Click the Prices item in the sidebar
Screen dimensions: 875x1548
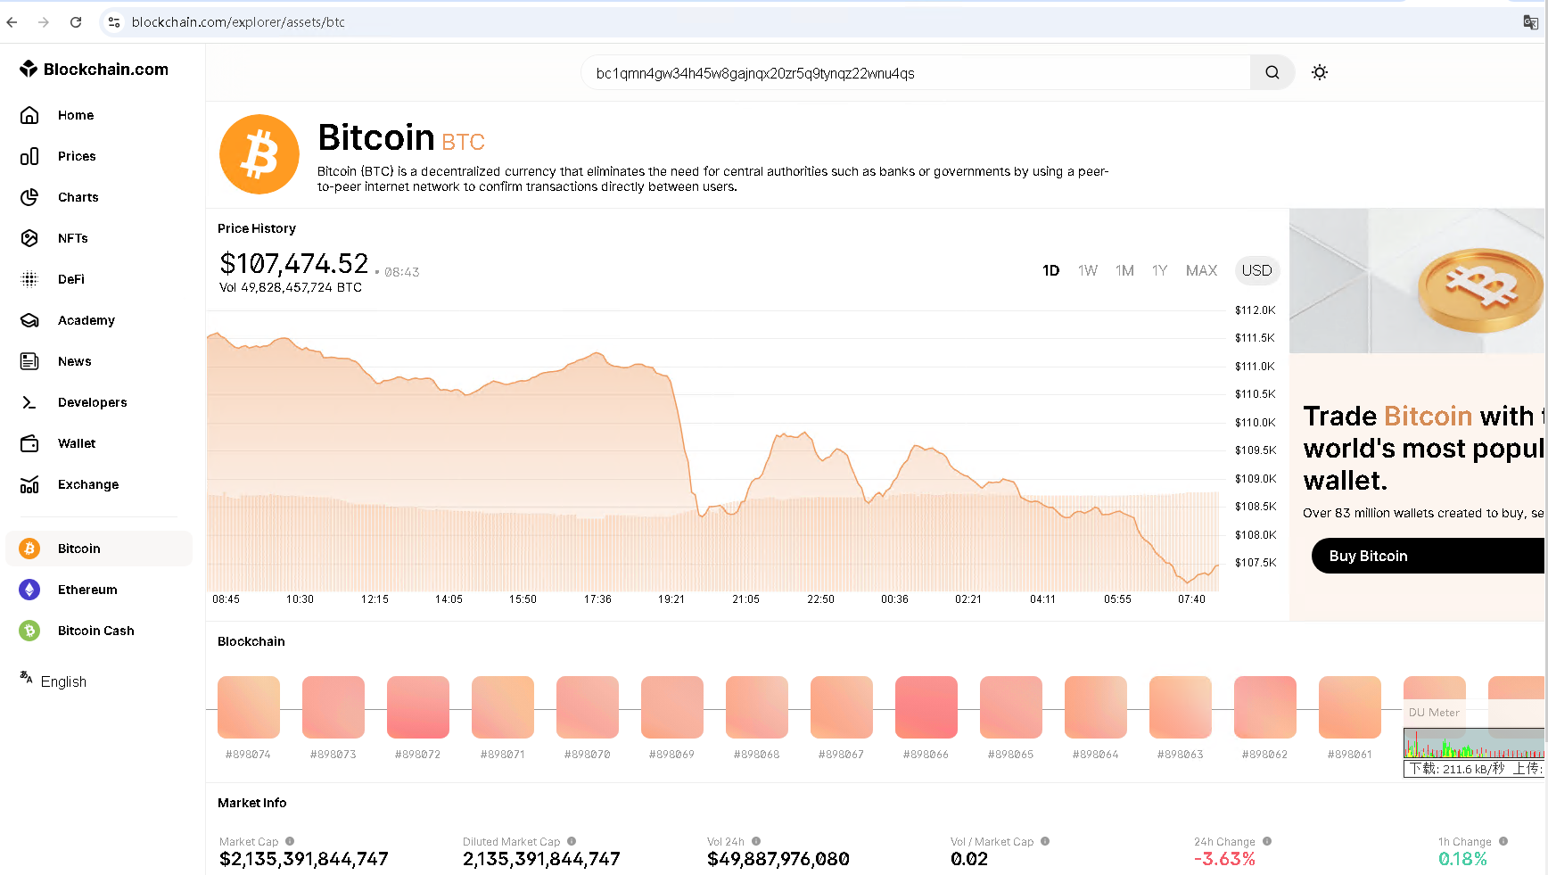point(76,156)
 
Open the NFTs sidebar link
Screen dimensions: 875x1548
point(72,238)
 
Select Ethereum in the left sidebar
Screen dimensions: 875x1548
point(86,590)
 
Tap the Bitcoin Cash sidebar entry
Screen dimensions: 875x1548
point(95,631)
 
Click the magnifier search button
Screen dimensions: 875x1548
point(1272,73)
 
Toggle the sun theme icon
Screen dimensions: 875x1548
point(1320,73)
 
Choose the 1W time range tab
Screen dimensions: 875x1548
point(1087,270)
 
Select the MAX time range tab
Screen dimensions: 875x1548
point(1201,270)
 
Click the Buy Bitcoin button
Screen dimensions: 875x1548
point(1368,556)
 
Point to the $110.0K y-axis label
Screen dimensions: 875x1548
point(1255,423)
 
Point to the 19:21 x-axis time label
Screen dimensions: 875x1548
point(671,599)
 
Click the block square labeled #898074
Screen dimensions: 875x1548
point(249,707)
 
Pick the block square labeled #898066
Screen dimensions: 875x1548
point(926,707)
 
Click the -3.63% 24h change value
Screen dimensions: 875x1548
point(1224,859)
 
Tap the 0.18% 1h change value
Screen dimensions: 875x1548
point(1462,859)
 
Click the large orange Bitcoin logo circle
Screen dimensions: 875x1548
point(259,154)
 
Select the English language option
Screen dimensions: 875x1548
point(63,681)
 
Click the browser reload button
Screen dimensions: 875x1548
point(76,22)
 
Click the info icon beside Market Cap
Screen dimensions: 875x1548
point(290,841)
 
